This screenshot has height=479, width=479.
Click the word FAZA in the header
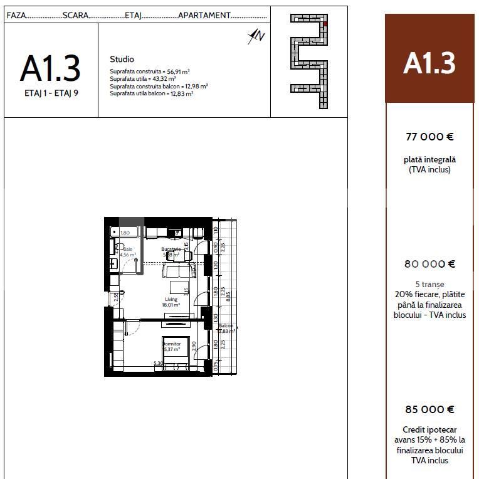coord(16,15)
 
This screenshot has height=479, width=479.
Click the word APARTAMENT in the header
coord(204,15)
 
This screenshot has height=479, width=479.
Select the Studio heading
coord(122,60)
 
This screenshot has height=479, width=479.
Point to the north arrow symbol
coord(256,36)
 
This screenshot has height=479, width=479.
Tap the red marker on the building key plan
coord(325,24)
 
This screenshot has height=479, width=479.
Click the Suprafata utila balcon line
coord(151,93)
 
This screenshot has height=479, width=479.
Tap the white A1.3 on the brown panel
coord(429,63)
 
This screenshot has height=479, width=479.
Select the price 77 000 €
coord(429,136)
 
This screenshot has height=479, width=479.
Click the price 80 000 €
coord(429,264)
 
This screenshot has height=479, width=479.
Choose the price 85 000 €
coord(429,409)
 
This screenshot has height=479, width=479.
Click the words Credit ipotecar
coord(429,430)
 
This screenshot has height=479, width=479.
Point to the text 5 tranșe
coord(429,284)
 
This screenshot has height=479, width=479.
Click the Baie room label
coord(128,250)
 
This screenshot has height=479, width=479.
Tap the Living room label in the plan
coord(171,300)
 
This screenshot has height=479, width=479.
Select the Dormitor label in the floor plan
coord(172,344)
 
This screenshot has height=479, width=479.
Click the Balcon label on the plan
coord(226,326)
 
